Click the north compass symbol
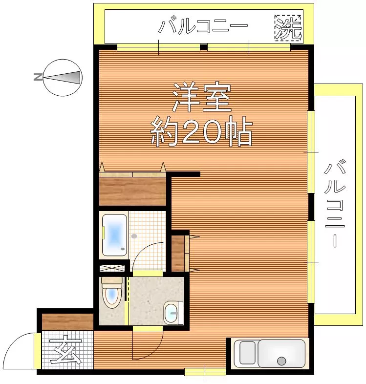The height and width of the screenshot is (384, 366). pos(63,77)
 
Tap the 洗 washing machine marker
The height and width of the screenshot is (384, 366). pos(288,28)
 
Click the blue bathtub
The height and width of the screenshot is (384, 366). pos(115,235)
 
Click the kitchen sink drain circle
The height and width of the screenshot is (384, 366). pos(281,361)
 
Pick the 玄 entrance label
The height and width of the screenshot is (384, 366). pos(67,350)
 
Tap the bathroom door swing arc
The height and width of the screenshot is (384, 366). pos(148,256)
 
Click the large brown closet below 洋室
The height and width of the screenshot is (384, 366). pos(133,191)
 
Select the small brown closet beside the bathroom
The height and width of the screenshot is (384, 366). pos(178,254)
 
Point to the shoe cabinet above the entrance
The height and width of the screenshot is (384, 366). pos(67,321)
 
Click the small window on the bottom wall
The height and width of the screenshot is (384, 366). pos(205,372)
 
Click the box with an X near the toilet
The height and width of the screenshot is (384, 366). pos(111,268)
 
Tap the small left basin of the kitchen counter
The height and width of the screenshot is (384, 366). pos(245,353)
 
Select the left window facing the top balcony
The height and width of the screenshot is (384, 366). pos(158,47)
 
